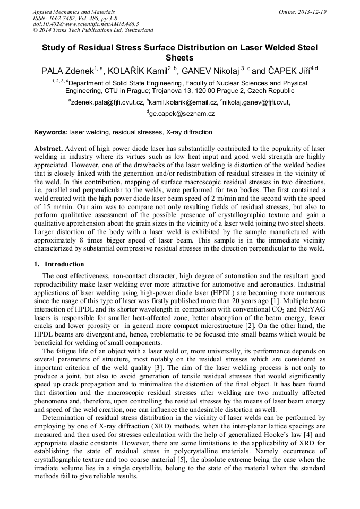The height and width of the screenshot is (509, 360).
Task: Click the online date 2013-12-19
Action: (312, 12)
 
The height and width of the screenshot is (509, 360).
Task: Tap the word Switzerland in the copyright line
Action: (134, 30)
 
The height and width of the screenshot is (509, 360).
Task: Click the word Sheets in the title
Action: (179, 58)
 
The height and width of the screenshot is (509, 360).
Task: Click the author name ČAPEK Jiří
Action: (287, 71)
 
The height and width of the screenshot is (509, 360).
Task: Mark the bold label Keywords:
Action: (51, 132)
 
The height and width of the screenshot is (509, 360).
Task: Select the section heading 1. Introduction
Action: (59, 264)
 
